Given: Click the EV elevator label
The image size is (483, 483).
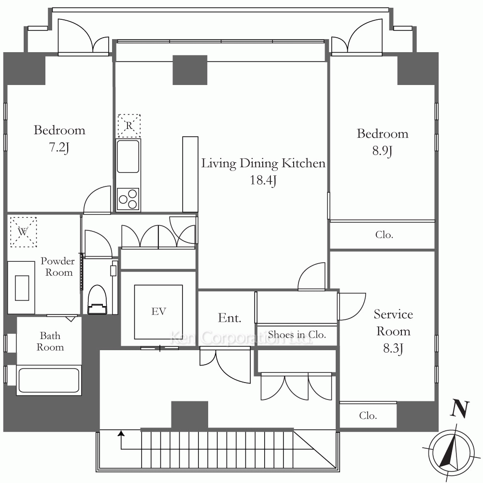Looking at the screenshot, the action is [158, 312].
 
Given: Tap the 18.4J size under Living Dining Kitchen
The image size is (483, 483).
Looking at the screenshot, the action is [263, 180].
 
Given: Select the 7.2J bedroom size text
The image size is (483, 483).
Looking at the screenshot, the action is [59, 147].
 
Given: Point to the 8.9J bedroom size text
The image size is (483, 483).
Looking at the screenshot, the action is [382, 151].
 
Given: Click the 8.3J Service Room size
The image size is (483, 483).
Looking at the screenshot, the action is [393, 348].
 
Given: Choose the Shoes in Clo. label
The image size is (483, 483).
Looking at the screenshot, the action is [297, 335].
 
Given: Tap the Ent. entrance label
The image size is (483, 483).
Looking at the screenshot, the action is [229, 318].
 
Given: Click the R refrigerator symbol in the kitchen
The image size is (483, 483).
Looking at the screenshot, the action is [129, 126].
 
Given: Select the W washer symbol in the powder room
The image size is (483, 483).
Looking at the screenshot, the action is [23, 232].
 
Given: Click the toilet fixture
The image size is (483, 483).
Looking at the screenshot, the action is [98, 299].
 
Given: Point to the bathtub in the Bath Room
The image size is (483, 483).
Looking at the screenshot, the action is [49, 380].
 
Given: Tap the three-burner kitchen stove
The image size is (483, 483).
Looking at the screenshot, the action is [128, 199].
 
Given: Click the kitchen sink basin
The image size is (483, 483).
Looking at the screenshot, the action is [128, 156].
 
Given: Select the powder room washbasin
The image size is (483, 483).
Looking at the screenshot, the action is [22, 288].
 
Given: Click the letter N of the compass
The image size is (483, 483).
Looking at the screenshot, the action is [460, 410].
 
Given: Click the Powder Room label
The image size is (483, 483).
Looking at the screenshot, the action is [57, 267].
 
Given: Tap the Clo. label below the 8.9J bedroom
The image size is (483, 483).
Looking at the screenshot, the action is [384, 235].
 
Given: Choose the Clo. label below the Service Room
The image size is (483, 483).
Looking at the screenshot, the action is [368, 415].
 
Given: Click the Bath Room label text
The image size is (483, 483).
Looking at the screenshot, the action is [50, 341].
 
